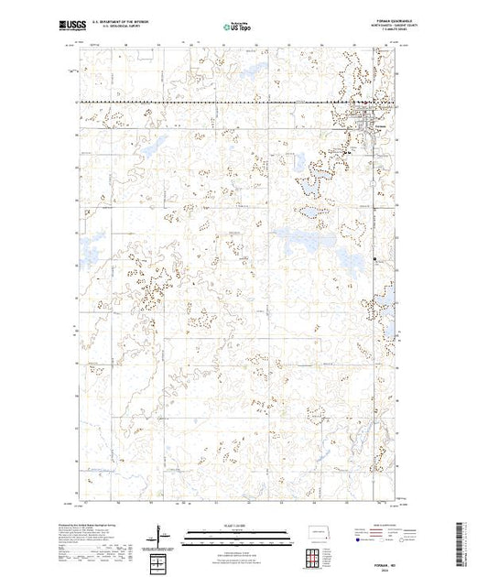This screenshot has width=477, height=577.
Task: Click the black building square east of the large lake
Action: [x=375, y=260]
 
